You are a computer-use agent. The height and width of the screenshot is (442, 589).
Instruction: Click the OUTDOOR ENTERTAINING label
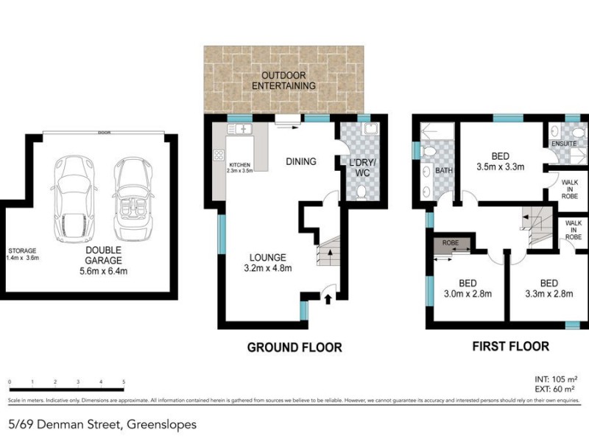click(283, 81)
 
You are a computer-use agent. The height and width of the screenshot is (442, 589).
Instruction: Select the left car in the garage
click(72, 197)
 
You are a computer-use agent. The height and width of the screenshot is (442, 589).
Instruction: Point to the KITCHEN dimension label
click(240, 168)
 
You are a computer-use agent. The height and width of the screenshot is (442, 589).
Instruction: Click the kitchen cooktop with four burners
click(219, 155)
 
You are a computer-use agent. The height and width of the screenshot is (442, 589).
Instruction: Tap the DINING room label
click(300, 162)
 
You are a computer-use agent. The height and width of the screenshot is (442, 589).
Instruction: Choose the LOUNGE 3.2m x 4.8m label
click(268, 262)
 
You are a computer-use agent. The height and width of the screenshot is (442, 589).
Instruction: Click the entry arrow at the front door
click(328, 298)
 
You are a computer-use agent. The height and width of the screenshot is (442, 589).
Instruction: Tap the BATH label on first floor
click(444, 171)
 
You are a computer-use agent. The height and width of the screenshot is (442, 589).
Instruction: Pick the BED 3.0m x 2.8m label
click(468, 289)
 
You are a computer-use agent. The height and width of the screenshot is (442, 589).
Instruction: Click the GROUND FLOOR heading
click(294, 347)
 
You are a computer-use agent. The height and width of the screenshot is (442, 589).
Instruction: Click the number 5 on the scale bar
click(124, 382)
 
